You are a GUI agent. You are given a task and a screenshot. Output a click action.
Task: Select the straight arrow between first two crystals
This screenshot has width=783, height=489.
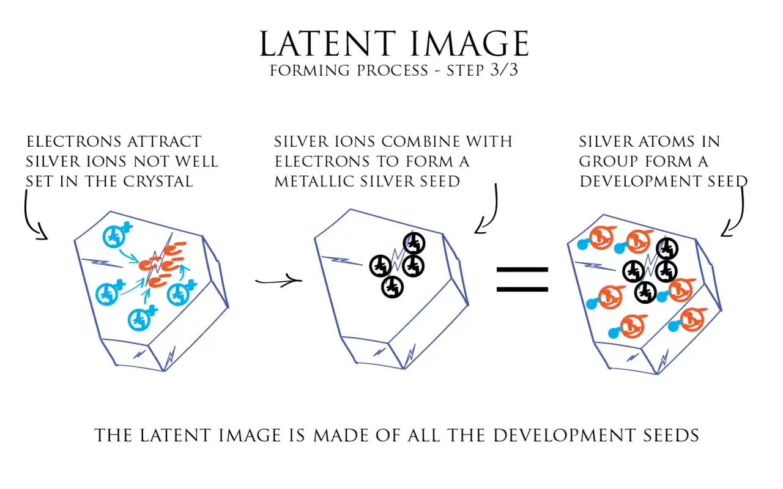278,281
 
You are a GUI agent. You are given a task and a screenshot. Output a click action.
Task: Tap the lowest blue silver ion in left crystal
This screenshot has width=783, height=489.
140,318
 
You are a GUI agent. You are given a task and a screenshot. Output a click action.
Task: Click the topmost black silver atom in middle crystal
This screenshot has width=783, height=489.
414,243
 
